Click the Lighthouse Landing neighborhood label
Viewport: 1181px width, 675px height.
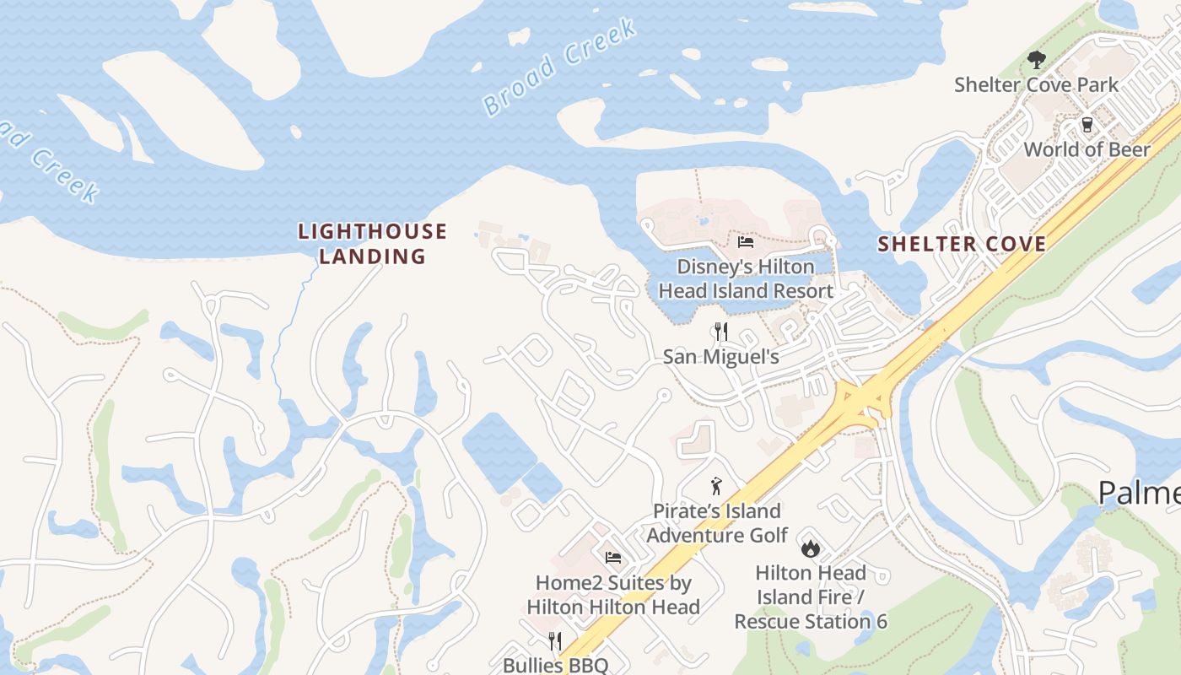click(x=372, y=244)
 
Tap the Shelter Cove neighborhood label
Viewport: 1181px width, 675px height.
click(x=962, y=245)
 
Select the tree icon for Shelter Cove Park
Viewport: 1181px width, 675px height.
click(x=1036, y=60)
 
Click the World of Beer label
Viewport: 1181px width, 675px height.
click(x=1087, y=150)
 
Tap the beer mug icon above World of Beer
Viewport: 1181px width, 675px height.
click(x=1087, y=125)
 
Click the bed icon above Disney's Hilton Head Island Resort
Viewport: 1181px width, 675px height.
click(x=746, y=243)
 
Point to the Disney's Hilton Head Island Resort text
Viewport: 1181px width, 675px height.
click(x=746, y=279)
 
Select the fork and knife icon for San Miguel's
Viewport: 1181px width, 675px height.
click(x=720, y=332)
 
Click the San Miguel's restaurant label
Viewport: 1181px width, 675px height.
click(x=720, y=357)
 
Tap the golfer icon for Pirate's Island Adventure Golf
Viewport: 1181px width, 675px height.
click(x=716, y=486)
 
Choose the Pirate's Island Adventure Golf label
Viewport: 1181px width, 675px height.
click(x=717, y=523)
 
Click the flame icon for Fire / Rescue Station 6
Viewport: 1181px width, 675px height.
click(x=810, y=548)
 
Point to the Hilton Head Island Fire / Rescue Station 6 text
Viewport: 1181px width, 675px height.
click(x=810, y=597)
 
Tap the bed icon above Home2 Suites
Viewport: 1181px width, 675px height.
click(x=613, y=558)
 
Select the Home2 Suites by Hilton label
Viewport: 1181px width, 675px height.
click(x=613, y=595)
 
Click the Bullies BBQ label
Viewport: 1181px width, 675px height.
click(x=555, y=665)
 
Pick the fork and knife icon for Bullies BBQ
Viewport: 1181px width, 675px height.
click(x=555, y=641)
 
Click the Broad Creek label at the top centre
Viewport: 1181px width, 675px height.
click(x=559, y=67)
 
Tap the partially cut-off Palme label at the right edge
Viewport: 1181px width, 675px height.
click(x=1139, y=494)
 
